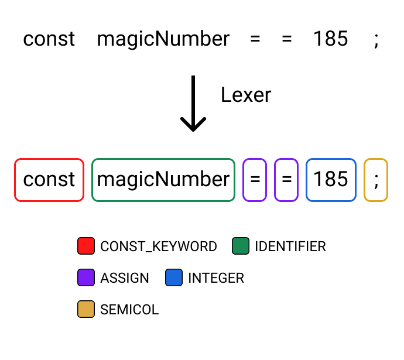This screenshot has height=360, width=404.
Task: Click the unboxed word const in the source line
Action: pyautogui.click(x=49, y=39)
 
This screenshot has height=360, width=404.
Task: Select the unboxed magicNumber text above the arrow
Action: pyautogui.click(x=163, y=39)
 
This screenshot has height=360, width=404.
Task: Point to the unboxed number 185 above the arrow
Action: pyautogui.click(x=330, y=39)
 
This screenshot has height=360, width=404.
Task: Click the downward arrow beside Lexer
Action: pyautogui.click(x=193, y=103)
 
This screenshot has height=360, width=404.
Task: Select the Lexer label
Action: pyautogui.click(x=246, y=95)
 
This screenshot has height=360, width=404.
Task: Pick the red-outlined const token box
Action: pyautogui.click(x=49, y=180)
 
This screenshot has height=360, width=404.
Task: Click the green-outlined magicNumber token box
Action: pyautogui.click(x=163, y=180)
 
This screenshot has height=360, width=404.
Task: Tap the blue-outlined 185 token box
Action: pyautogui.click(x=331, y=180)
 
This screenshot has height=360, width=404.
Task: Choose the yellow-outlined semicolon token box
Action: pyautogui.click(x=376, y=180)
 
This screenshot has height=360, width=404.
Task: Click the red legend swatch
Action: pyautogui.click(x=86, y=246)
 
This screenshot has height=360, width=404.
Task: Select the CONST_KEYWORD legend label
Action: pyautogui.click(x=159, y=246)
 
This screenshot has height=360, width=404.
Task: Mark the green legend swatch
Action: pyautogui.click(x=241, y=246)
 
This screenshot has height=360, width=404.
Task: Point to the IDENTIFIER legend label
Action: pyautogui.click(x=290, y=246)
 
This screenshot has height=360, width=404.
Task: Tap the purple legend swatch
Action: pyautogui.click(x=86, y=277)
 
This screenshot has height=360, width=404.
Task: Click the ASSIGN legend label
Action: pyautogui.click(x=125, y=278)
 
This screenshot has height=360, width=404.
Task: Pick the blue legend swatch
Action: pyautogui.click(x=174, y=277)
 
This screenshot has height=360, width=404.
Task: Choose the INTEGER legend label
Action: pyautogui.click(x=216, y=278)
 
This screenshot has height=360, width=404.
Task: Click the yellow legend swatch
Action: pyautogui.click(x=86, y=309)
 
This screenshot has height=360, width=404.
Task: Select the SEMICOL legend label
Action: pyautogui.click(x=129, y=310)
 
